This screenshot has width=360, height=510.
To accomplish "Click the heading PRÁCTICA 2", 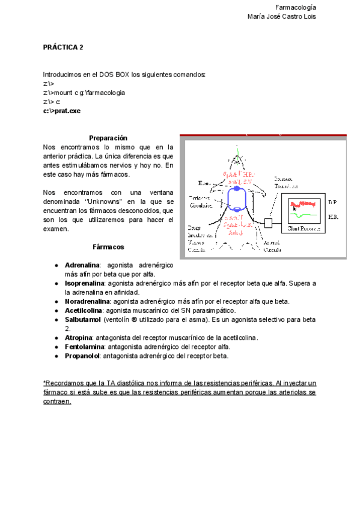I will (x=63, y=47).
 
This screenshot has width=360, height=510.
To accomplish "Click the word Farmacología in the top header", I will (x=295, y=7).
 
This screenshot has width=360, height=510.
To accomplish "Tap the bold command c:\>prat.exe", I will (x=62, y=111).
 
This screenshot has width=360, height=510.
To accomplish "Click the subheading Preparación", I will (x=108, y=138).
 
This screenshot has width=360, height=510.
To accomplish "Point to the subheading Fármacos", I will (x=108, y=247).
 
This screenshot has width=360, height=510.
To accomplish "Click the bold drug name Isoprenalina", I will (x=85, y=283).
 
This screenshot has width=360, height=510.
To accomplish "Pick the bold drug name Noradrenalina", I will (x=87, y=301).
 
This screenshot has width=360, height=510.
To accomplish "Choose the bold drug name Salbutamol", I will (x=83, y=319).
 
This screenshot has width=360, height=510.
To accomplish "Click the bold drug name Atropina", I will (x=80, y=337).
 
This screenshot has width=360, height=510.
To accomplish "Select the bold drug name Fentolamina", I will (x=85, y=346).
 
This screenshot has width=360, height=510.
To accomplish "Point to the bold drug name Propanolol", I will (x=83, y=355).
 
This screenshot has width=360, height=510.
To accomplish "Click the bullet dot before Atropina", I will (x=56, y=337).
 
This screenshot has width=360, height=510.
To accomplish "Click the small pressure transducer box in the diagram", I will (x=268, y=223).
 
